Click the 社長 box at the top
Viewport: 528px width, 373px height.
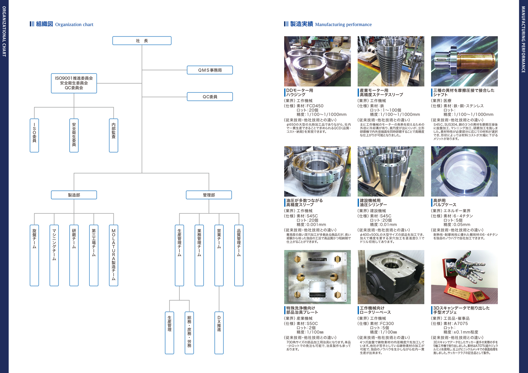pyautogui.click(x=142, y=41)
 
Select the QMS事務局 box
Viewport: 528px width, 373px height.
pyautogui.click(x=210, y=70)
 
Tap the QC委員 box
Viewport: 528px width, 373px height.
pyautogui.click(x=210, y=97)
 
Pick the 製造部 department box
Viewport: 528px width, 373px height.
pyautogui.click(x=74, y=195)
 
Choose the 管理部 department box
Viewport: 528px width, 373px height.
pyautogui.click(x=209, y=195)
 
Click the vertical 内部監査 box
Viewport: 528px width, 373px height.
pyautogui.click(x=114, y=135)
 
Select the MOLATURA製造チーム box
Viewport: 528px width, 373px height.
pyautogui.click(x=114, y=255)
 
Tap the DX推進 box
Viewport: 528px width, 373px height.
pyautogui.click(x=219, y=332)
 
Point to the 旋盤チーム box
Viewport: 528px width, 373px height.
pyautogui.click(x=34, y=255)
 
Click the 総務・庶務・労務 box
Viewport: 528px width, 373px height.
pyautogui.click(x=189, y=332)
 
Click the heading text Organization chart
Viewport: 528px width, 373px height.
pyautogui.click(x=74, y=24)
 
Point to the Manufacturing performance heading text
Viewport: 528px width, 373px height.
pyautogui.click(x=343, y=24)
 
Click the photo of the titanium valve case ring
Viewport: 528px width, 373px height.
pyautogui.click(x=464, y=171)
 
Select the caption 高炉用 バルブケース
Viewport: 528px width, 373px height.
pyautogui.click(x=445, y=202)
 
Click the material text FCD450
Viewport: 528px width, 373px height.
pyautogui.click(x=315, y=106)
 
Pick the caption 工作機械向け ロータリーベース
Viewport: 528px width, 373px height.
pyautogui.click(x=375, y=310)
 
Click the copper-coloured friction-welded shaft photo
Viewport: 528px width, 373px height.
pyautogui.click(x=464, y=61)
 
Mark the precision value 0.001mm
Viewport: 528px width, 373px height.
pyautogui.click(x=316, y=225)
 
